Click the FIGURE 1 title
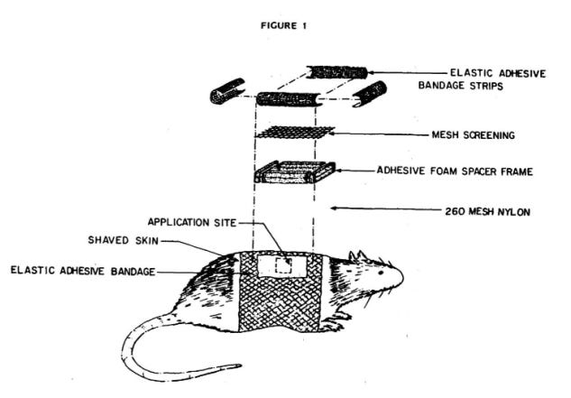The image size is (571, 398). (285, 25)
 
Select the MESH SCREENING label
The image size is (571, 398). (473, 135)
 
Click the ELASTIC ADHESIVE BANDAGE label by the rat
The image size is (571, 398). (84, 270)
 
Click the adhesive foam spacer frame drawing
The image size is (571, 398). (293, 171)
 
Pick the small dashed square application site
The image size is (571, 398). (284, 265)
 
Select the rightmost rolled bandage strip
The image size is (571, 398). (369, 93)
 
